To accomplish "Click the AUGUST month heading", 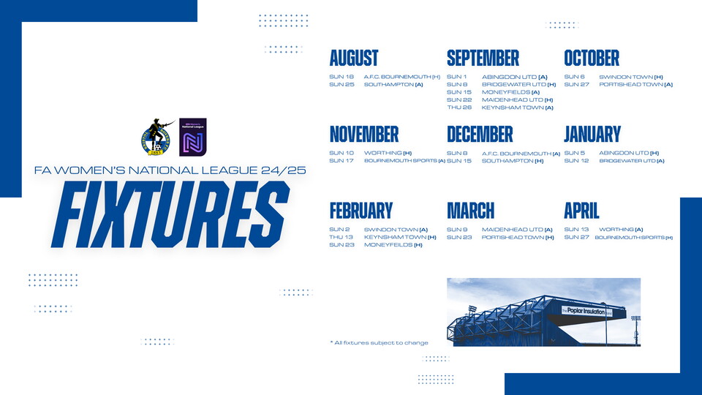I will pos(354,58).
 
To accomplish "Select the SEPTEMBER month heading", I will pos(483,58).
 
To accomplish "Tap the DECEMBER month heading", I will pos(480,134).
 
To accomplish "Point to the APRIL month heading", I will pos(581,211).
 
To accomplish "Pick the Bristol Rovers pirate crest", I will pos(156,138).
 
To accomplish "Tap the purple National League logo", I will pos(192,137).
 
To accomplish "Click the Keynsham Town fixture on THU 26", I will pos(517,108).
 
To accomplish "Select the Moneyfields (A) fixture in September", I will pos(510,92).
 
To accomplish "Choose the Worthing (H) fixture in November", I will pos(388,153).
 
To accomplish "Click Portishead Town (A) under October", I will pos(635,84).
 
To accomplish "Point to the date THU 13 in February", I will pos(341,237).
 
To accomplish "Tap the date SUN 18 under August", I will pos(341,77).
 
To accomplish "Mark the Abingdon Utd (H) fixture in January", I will pos(629,153).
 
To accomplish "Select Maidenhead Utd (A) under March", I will pos(518,230).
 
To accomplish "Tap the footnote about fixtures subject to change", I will pos(379,342).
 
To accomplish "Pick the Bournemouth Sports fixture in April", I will pos(633,238).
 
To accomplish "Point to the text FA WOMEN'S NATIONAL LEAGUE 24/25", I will pos(170,170).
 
